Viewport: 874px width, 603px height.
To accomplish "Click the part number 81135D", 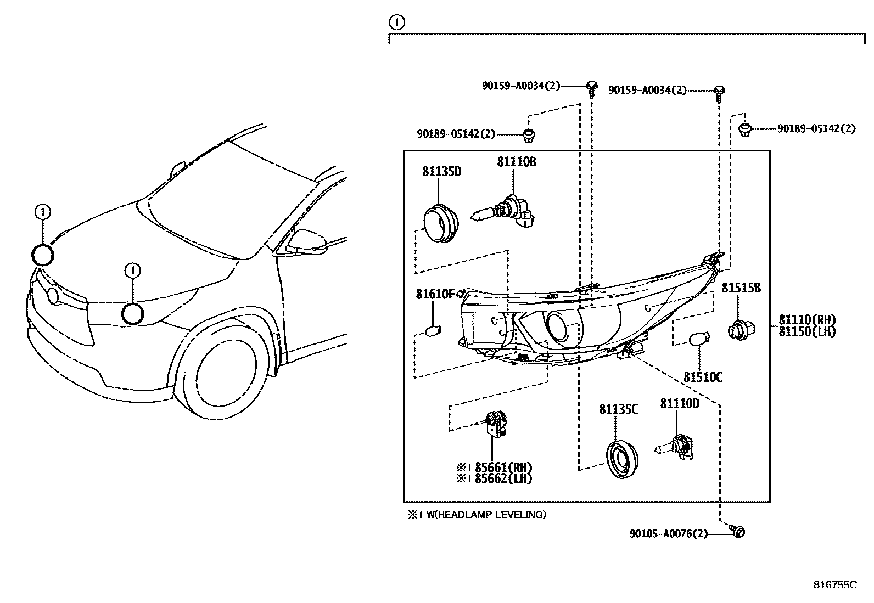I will point(441,172).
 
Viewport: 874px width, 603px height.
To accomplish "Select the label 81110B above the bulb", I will point(516,162).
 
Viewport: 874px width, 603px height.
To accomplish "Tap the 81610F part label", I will point(435,294).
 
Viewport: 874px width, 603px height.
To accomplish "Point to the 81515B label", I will point(741,288).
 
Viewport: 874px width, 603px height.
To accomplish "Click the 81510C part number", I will point(702,377).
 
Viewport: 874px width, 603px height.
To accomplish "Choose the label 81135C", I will point(618,409).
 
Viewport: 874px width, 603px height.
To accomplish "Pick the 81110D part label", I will point(679,404).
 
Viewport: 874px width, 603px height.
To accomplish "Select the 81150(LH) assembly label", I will point(806,331).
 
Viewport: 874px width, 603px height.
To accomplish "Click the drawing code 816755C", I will point(834,585).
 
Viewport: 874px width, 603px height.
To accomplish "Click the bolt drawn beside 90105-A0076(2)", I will point(738,531).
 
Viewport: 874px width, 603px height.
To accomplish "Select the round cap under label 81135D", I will point(441,222).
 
